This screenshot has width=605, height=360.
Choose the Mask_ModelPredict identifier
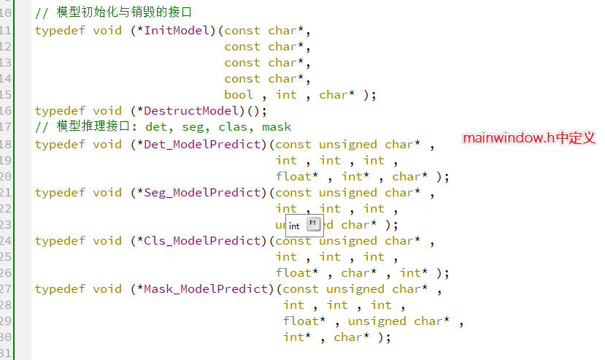pos(209,288)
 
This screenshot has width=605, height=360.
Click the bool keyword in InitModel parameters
pos(239,94)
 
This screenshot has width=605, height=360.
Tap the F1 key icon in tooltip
pos(313,224)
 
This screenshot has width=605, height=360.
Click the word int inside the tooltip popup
pos(293,226)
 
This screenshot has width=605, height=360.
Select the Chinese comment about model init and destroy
pos(113,12)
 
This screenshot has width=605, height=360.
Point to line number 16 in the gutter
pos(7,110)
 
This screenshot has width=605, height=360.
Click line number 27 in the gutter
pos(7,288)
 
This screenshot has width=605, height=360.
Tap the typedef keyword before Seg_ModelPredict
pos(60,192)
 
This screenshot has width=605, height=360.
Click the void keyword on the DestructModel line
pos(107,110)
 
